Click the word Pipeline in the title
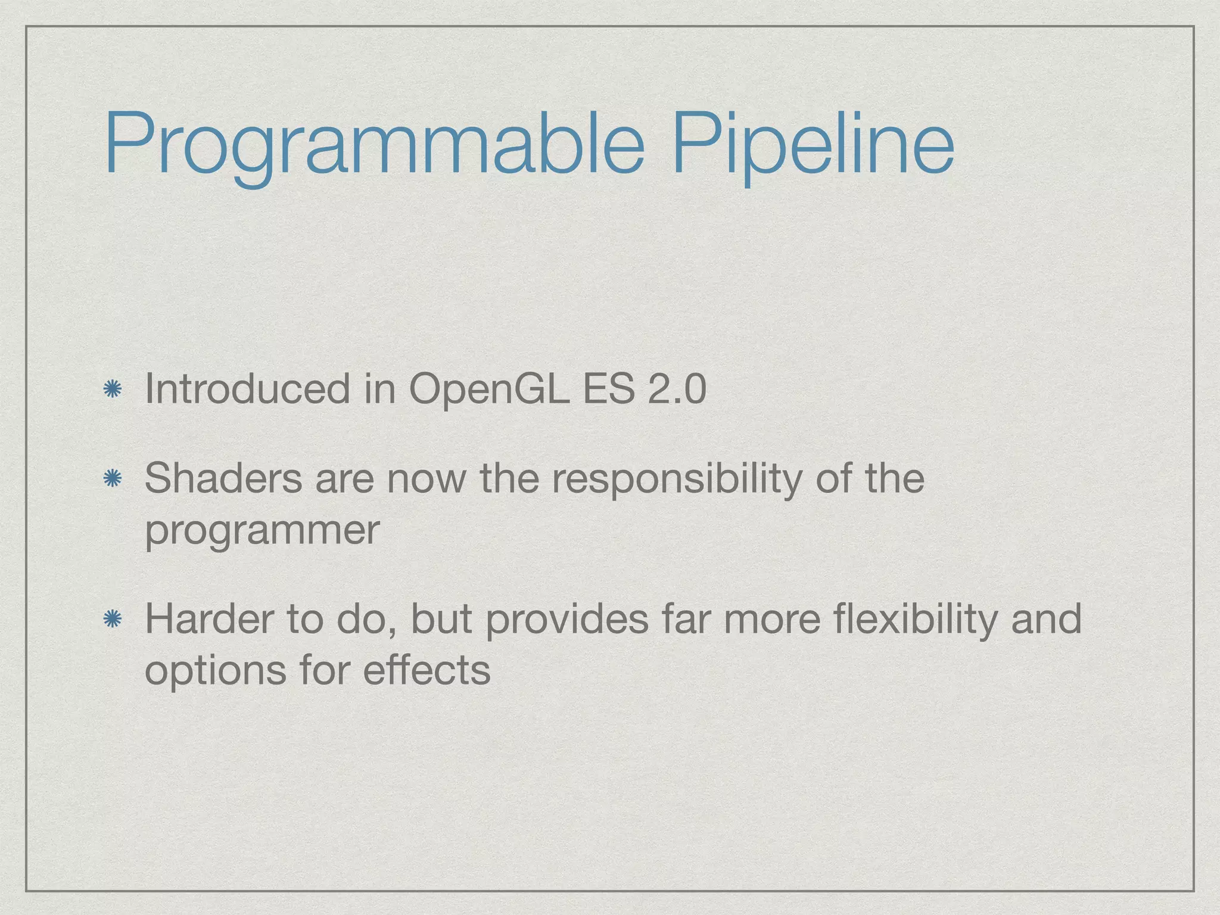point(813,146)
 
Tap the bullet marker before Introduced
point(112,390)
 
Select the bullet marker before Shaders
point(112,479)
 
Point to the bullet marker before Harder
point(112,620)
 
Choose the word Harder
point(210,619)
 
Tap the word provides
point(566,620)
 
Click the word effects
point(427,671)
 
